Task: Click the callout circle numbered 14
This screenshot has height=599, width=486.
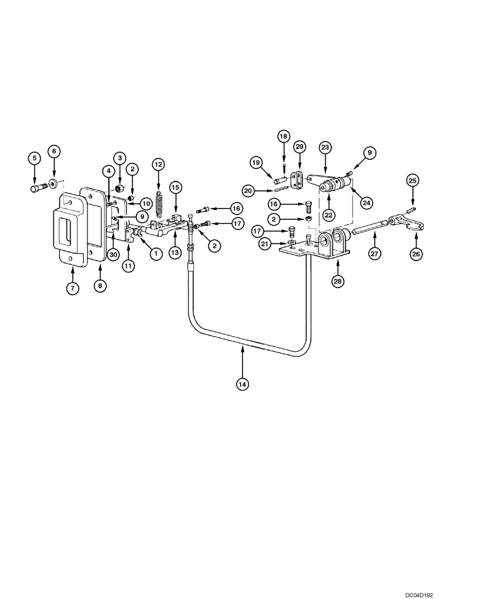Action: pos(243,383)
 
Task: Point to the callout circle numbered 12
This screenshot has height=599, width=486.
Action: pos(158,164)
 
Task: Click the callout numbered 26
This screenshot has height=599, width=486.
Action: pos(416,254)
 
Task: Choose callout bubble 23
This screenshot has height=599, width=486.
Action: pos(325,147)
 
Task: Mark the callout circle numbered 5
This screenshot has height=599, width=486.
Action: pos(34,158)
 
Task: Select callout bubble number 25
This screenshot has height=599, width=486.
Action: pos(412,179)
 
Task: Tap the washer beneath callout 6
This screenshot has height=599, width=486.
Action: pos(54,182)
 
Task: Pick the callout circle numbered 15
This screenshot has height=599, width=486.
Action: pos(175,187)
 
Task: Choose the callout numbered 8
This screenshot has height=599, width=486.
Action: pos(100,286)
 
